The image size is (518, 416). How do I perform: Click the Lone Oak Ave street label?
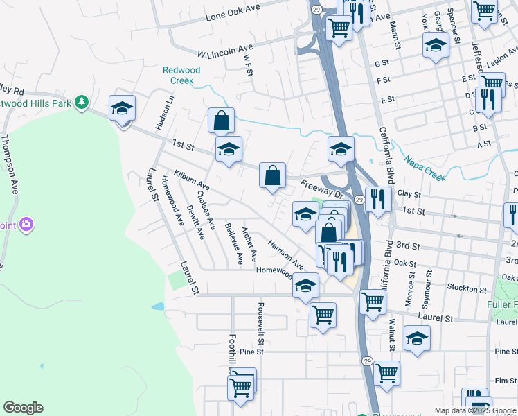coord(233,12)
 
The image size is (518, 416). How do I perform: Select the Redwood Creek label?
coord(181,75)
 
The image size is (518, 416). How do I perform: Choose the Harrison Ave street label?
coord(286,254)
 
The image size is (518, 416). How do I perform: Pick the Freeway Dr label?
coord(323,190)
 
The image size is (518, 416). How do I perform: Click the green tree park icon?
coord(82,103)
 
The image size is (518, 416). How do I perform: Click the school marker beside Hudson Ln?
coord(122,110)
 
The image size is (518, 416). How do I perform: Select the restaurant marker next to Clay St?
coord(379,199)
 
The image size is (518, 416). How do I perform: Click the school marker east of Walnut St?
coord(417,339)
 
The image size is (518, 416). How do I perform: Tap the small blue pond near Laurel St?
coord(158,306)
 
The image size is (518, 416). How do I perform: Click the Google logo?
coord(23,408)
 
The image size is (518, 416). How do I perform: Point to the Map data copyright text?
coord(475,410)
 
